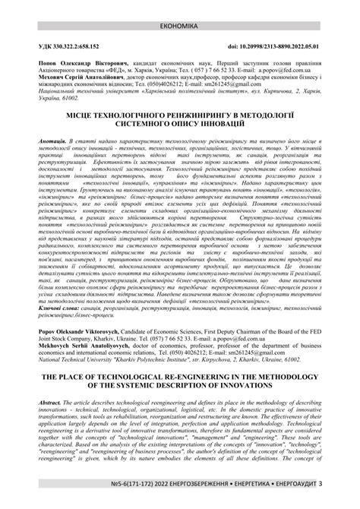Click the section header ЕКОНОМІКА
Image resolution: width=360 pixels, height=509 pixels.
point(179,6)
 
